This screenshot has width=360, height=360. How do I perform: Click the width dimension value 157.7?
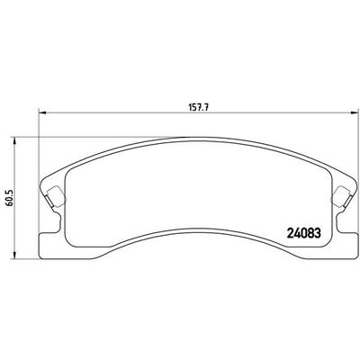(x=187, y=103)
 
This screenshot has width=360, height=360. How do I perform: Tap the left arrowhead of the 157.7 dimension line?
(x=39, y=112)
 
